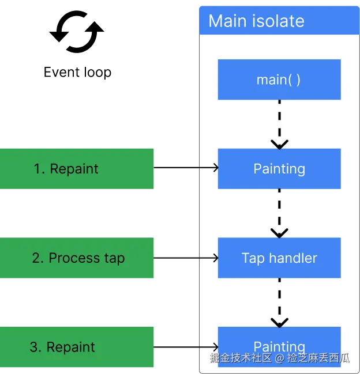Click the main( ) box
pos(279,80)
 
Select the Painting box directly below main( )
pos(279,169)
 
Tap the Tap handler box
pos(279,258)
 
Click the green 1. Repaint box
pos(78,168)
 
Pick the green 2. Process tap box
pos(78,258)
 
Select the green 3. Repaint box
pos(78,347)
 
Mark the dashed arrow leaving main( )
pos(279,124)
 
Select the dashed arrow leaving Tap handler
pos(279,303)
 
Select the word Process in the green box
pos(66,258)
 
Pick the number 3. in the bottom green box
pos(36,347)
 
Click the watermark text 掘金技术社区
pos(241,358)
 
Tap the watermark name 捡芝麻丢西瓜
pos(318,358)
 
